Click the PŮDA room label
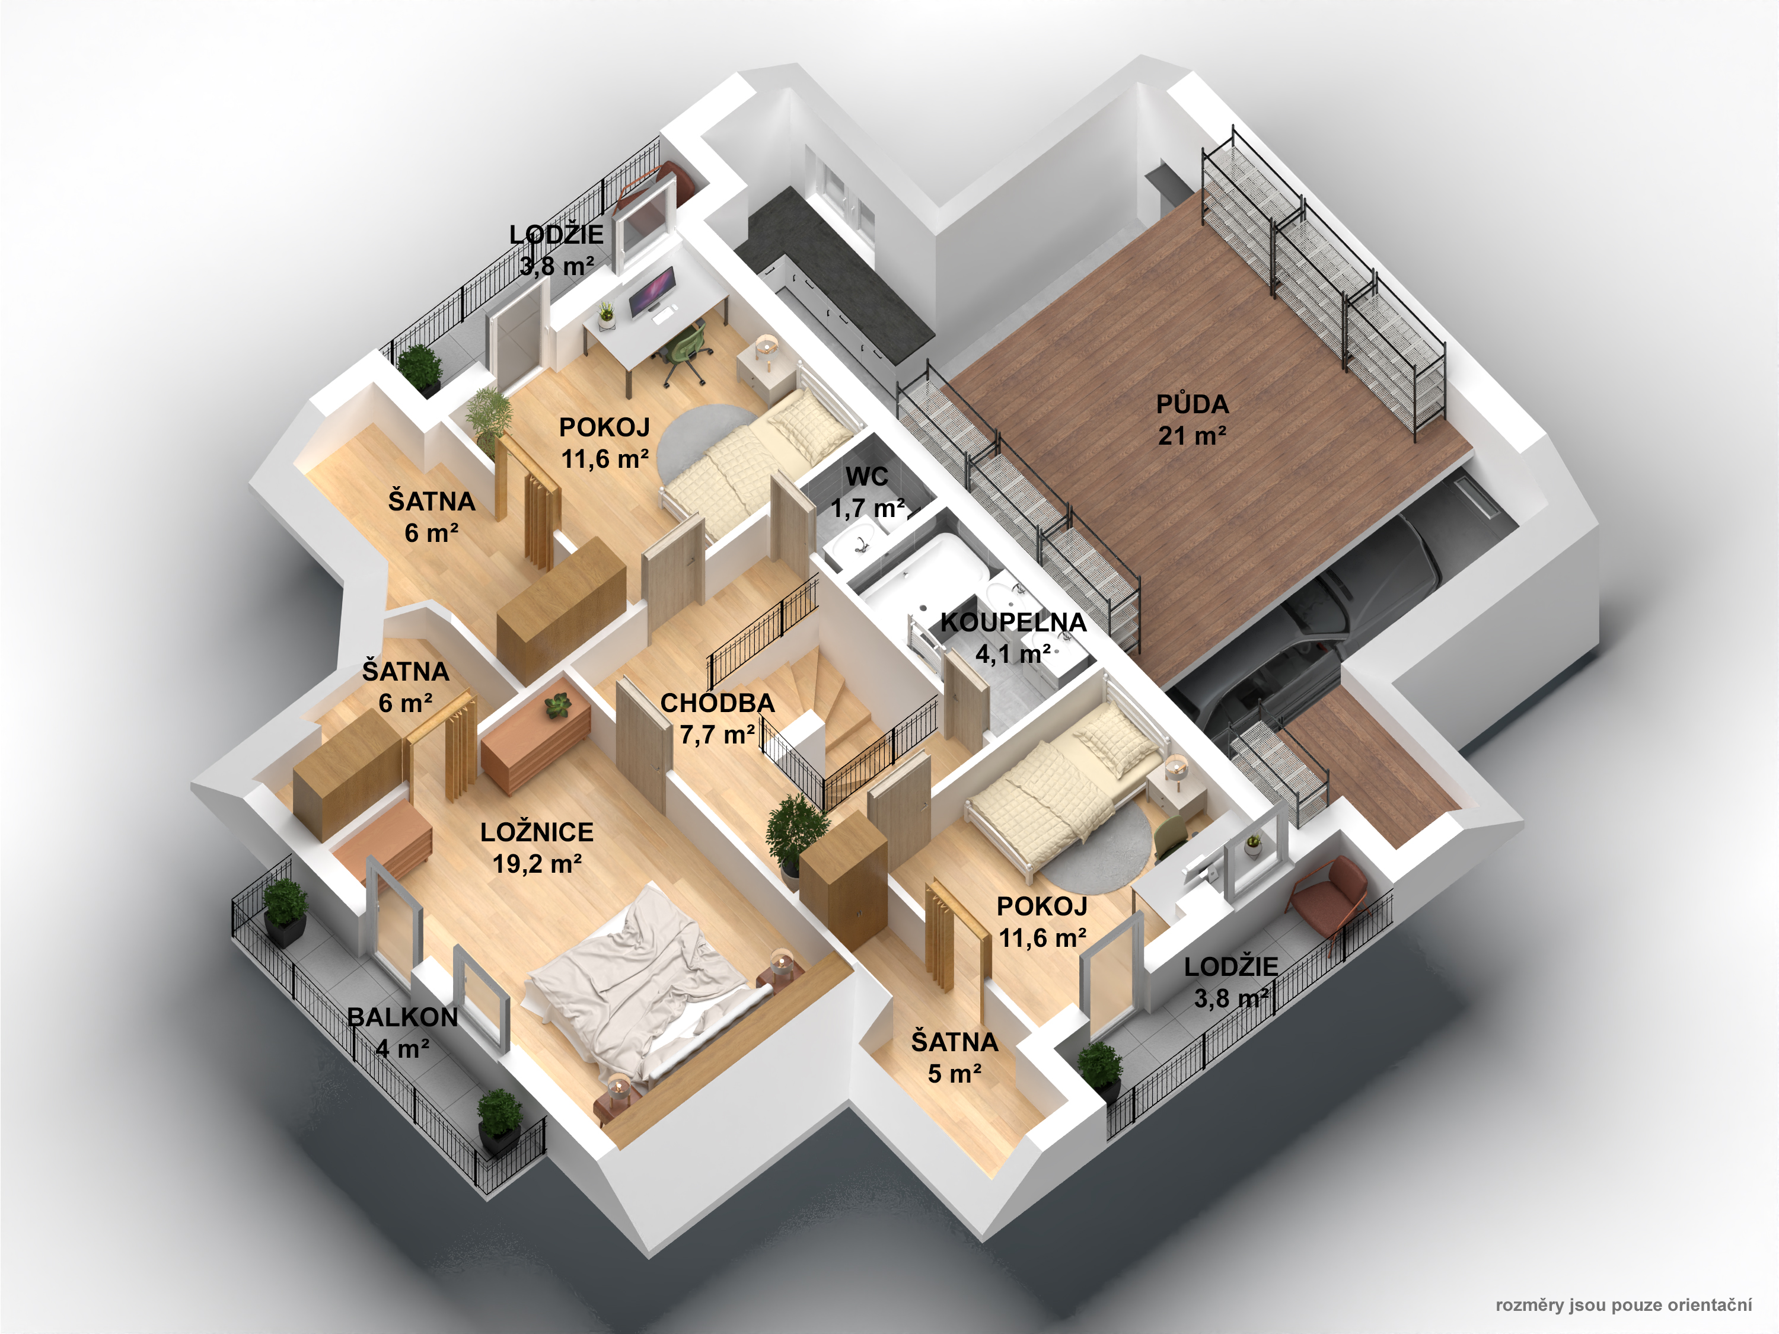point(1192,404)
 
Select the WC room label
point(867,476)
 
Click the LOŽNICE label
point(537,832)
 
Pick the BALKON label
point(402,1017)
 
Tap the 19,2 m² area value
point(537,864)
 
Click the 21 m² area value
point(1192,436)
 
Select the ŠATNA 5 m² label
point(955,1057)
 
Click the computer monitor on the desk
point(652,291)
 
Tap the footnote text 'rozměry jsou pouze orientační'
point(1623,1304)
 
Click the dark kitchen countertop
point(836,273)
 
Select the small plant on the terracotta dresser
point(557,706)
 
